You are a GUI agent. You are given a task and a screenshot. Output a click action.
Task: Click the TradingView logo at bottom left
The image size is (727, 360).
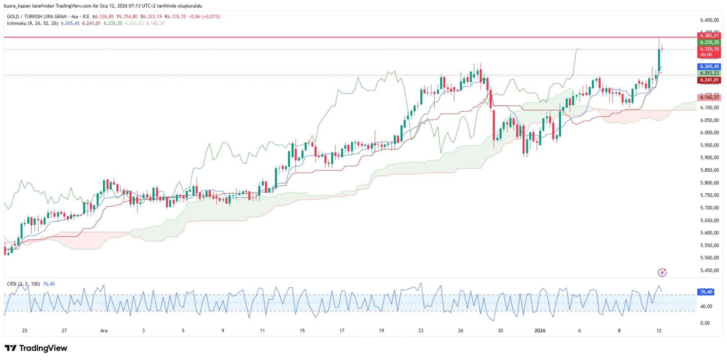click(x=36, y=348)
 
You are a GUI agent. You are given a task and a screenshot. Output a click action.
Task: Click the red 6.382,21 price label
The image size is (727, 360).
click(x=709, y=35)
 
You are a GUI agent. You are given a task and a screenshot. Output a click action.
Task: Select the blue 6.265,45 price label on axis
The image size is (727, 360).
click(x=709, y=67)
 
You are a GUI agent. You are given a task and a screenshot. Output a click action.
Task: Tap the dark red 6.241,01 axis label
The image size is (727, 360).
click(x=709, y=80)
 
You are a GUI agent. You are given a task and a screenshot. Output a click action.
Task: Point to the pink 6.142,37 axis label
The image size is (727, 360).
click(x=709, y=97)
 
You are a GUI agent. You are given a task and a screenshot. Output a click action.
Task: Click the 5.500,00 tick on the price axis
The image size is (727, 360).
click(x=709, y=258)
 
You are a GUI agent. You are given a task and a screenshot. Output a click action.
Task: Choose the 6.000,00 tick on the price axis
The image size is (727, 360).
click(x=709, y=132)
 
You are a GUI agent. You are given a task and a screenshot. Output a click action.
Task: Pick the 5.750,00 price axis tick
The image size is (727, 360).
click(x=709, y=195)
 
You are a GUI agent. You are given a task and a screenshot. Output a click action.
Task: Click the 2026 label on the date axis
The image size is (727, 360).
click(x=540, y=330)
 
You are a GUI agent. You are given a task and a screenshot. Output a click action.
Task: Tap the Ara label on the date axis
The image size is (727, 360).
click(x=104, y=330)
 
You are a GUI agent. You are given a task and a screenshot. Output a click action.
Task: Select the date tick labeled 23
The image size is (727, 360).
click(x=421, y=330)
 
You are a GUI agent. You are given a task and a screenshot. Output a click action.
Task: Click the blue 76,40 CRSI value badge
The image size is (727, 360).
click(x=706, y=292)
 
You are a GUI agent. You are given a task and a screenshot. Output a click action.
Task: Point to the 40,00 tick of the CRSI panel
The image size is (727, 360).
click(x=706, y=306)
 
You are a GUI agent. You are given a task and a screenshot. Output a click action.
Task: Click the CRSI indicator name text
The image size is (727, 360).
click(x=12, y=284)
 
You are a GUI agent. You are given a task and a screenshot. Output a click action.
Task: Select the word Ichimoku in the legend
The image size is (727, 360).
click(x=17, y=23)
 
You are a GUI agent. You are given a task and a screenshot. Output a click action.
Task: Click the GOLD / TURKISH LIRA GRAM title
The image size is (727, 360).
click(x=37, y=17)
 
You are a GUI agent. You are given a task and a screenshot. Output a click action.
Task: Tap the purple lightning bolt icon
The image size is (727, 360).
click(x=662, y=273)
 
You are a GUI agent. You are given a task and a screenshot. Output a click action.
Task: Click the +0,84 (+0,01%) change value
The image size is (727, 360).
click(x=204, y=17)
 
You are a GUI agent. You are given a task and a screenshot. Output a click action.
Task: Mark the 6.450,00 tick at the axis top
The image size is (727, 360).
click(x=709, y=20)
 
